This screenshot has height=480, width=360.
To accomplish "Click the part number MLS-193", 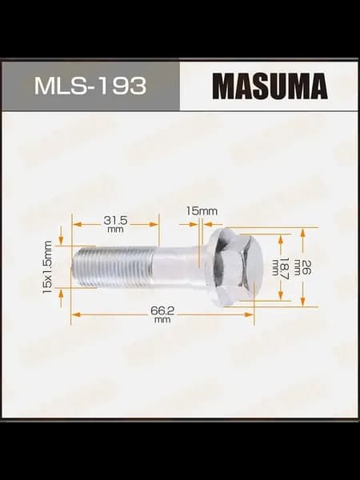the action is click(x=90, y=86).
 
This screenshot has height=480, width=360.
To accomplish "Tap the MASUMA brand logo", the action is click(x=270, y=86).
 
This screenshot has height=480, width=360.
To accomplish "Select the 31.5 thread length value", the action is click(x=115, y=220).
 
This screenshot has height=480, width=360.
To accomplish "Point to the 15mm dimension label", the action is click(x=202, y=211).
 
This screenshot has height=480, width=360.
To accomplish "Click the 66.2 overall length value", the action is click(x=162, y=310).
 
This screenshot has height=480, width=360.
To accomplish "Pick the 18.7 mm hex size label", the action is click(x=281, y=267).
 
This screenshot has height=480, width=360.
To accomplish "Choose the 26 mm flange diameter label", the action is click(x=302, y=267).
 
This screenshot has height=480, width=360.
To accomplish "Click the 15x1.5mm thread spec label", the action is click(x=47, y=267).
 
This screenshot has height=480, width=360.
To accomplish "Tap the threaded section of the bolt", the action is click(x=113, y=266).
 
